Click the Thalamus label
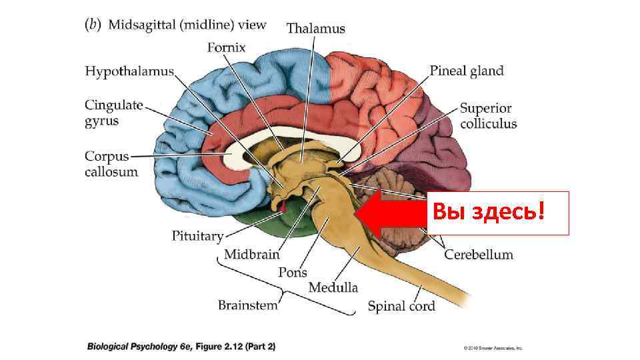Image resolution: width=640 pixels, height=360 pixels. [x=316, y=28]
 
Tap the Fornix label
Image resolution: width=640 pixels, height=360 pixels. [x=227, y=47]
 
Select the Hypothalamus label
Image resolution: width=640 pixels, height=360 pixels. [x=129, y=71]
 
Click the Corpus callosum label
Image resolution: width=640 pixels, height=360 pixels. [x=111, y=164]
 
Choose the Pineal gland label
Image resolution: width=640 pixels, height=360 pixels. [x=466, y=71]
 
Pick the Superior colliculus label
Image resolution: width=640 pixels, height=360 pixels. [x=488, y=116]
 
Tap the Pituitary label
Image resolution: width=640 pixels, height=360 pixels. [x=197, y=235]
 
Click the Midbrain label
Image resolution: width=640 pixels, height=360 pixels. [x=251, y=254]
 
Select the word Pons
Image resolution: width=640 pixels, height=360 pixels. [x=293, y=272]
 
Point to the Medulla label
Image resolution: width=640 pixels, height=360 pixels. [x=333, y=287]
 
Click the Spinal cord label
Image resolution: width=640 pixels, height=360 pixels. [x=401, y=307]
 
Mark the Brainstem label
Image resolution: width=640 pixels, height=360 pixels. [x=247, y=305]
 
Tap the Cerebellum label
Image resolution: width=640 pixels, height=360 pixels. [x=479, y=254]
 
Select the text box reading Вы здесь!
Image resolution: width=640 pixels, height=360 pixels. [x=497, y=213]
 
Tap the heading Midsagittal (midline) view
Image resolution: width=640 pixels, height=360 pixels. [x=187, y=25]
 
